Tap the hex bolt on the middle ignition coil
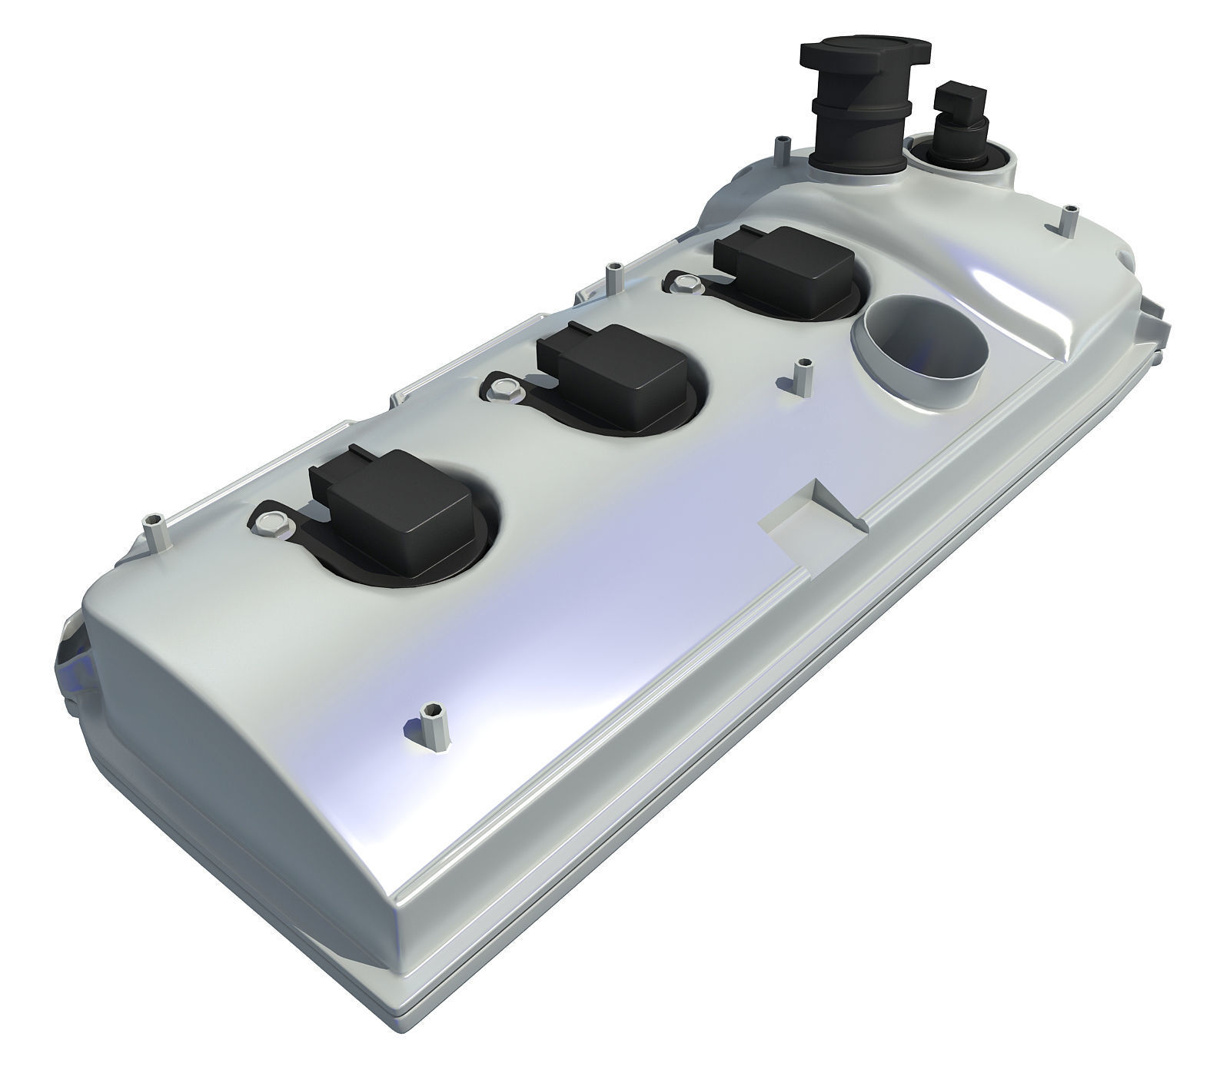pos(503,387)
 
